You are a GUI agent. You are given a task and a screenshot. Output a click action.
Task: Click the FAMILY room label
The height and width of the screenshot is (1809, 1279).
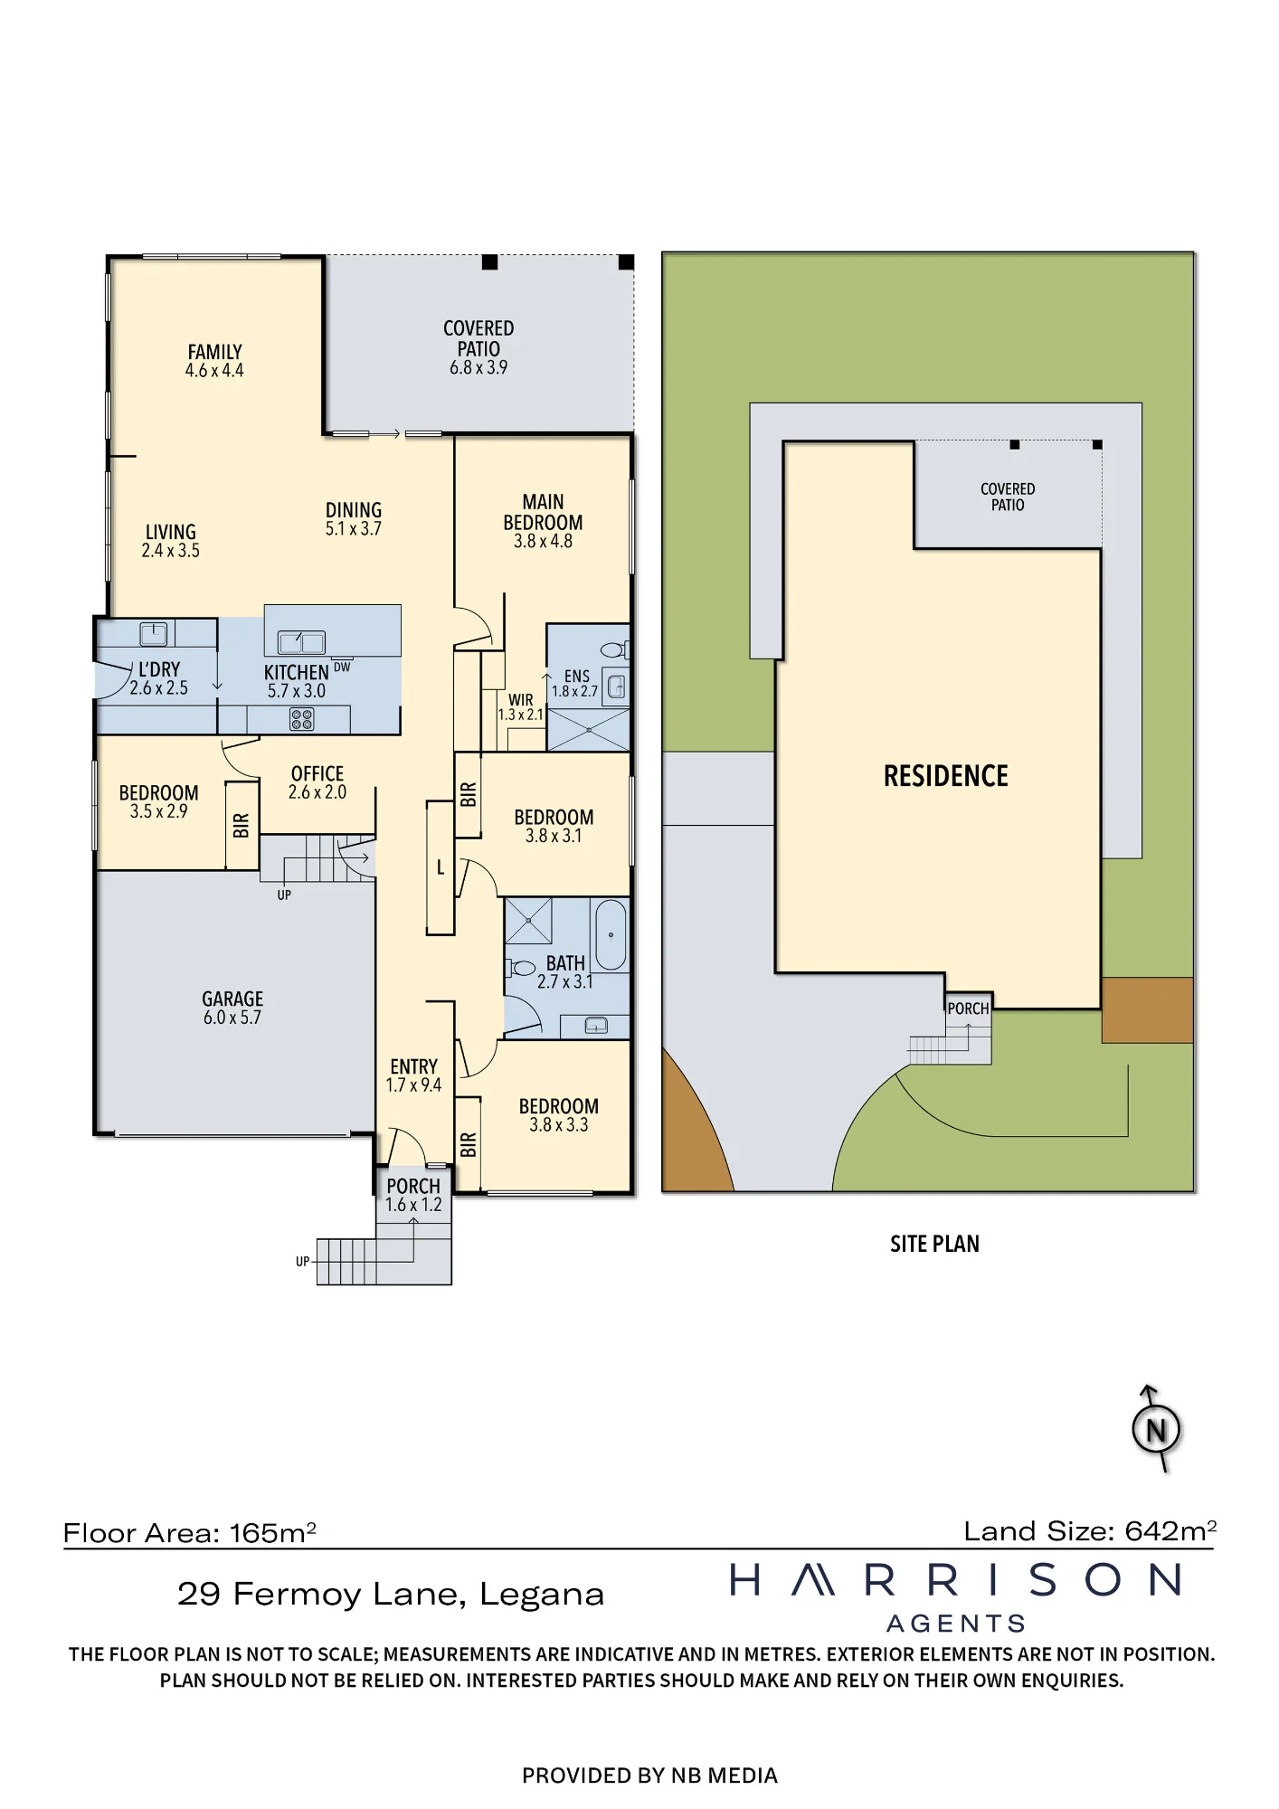214,352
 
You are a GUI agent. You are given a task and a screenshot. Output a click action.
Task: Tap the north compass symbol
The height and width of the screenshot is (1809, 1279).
1156,1430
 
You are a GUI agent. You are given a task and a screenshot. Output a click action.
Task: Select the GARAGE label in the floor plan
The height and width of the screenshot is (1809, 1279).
232,999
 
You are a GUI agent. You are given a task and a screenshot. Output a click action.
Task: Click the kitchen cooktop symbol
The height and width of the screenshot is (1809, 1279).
302,719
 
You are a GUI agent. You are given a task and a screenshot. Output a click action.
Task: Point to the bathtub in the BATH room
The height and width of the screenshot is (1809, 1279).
611,934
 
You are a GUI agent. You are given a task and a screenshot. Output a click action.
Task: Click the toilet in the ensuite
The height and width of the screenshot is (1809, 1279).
614,649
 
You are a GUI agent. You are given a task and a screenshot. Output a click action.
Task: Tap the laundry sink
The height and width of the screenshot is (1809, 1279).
153,633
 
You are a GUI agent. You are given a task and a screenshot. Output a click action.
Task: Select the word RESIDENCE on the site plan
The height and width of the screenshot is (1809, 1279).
945,776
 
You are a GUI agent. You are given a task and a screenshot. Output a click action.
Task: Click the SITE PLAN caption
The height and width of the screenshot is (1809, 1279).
934,1244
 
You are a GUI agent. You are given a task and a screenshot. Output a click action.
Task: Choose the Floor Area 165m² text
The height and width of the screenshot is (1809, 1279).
190,1533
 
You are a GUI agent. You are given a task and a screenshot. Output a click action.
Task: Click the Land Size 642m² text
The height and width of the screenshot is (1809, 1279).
1090,1530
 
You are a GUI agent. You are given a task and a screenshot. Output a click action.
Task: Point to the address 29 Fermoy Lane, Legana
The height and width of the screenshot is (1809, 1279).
391,1595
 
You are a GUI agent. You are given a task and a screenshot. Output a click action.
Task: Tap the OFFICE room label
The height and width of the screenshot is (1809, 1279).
317,773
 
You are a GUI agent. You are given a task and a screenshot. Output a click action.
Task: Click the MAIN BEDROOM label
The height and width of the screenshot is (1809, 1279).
543,512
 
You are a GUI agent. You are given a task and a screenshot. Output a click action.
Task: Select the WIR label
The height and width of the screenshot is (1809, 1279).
521,700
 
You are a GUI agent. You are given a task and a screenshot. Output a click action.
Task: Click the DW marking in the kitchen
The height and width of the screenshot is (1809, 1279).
342,668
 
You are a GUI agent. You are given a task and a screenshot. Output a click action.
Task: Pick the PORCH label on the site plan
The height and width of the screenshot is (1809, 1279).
968,1009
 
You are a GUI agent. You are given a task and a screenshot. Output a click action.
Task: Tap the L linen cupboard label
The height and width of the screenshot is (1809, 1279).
441,868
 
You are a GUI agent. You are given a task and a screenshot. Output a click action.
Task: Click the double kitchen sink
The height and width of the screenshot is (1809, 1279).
301,642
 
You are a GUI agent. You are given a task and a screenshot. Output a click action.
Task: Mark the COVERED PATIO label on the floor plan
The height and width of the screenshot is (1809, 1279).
478,338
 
